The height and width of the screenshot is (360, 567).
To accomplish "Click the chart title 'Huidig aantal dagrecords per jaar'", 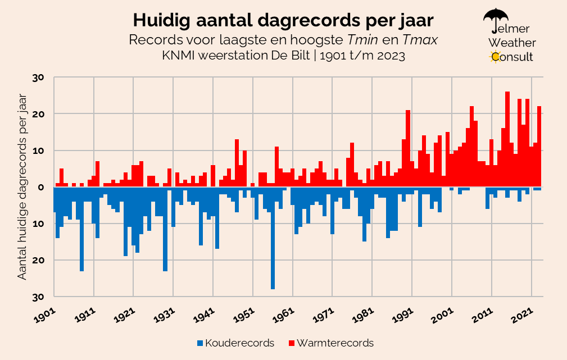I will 283,20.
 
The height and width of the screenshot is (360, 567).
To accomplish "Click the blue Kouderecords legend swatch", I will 200,343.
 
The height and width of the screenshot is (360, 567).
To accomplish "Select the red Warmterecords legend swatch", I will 291,343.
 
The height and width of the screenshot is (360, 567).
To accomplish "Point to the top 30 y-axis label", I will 44,78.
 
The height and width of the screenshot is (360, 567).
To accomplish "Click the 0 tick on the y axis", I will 48,187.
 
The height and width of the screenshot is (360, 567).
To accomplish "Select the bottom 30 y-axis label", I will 44,297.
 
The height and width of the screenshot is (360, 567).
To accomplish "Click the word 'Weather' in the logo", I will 512,43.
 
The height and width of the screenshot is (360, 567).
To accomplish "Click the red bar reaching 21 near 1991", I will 408,148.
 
